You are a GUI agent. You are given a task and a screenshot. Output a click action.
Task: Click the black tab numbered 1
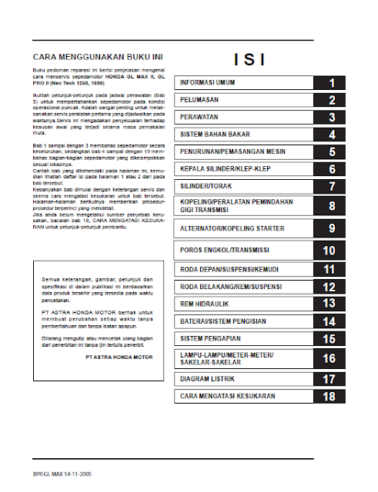click(330, 83)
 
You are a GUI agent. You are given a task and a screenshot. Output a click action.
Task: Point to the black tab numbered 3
click(330, 118)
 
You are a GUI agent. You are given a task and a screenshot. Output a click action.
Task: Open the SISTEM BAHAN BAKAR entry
click(212, 135)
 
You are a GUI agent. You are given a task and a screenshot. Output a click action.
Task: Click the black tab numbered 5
click(330, 152)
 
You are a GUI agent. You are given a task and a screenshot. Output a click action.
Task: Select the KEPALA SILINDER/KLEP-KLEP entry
click(224, 169)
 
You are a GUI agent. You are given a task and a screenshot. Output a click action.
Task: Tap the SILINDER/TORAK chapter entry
click(206, 187)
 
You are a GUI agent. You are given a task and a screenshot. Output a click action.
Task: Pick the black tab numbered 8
click(330, 205)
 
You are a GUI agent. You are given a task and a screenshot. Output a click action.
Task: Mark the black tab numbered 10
click(330, 251)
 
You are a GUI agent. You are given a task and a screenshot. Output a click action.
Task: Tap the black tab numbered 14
click(330, 322)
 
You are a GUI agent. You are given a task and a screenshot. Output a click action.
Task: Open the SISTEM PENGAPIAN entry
click(208, 338)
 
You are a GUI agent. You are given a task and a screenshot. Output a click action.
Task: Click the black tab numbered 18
click(330, 397)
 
